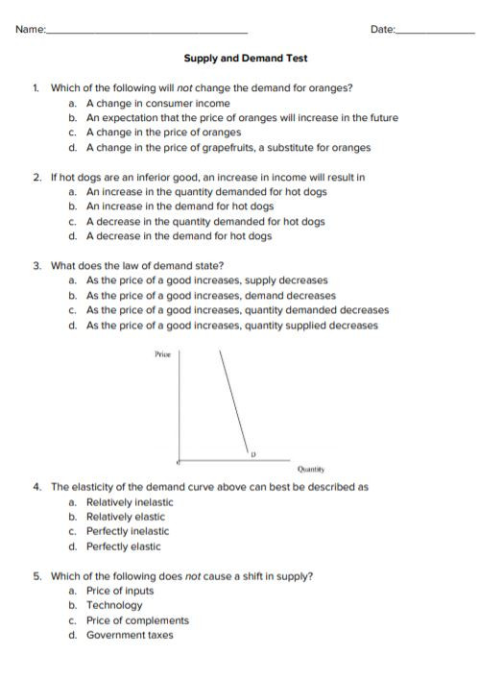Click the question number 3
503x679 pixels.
pos(36,266)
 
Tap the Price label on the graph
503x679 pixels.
pos(162,355)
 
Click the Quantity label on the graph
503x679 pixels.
pos(310,470)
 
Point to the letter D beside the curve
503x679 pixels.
pos(253,452)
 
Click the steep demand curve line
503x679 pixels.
pos(233,403)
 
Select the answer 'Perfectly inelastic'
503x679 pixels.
pos(127,531)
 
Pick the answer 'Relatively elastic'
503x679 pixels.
pos(126,517)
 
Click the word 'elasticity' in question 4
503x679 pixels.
pos(97,487)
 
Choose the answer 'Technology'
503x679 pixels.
pos(113,605)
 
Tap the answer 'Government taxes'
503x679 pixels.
pos(130,635)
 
